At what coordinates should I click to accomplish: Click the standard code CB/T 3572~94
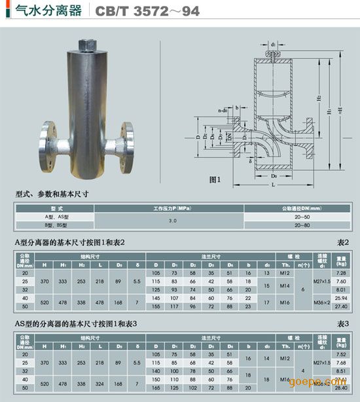[137, 11]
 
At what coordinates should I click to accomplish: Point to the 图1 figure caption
[216, 179]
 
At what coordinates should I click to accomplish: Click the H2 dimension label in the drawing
[319, 98]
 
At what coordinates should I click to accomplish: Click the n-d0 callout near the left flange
[224, 111]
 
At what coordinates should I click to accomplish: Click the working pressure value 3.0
[173, 221]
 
